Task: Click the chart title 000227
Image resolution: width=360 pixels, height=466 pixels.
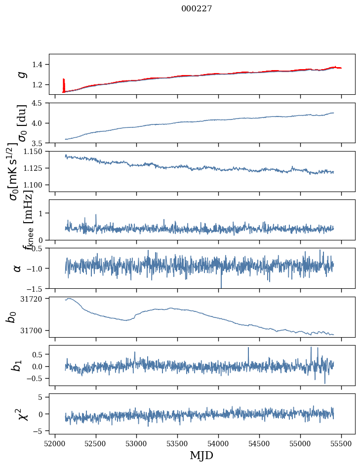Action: point(197,8)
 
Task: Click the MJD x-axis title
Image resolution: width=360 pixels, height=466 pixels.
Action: point(201,455)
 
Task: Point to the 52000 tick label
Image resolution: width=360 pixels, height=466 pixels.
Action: point(55,443)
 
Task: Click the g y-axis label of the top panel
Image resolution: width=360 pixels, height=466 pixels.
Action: point(21,74)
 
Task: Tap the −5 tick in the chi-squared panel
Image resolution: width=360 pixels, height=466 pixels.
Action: point(41,431)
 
